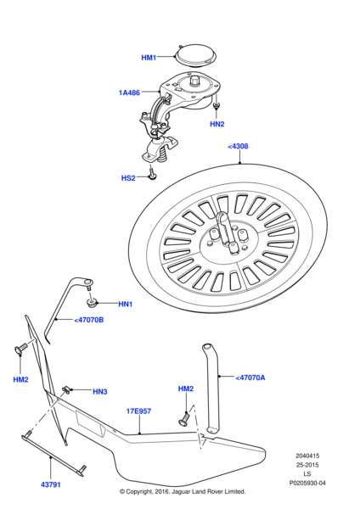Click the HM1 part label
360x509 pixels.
(149, 58)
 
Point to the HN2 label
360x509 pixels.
(217, 124)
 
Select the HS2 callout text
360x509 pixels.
(127, 179)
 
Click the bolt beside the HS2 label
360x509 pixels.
(151, 173)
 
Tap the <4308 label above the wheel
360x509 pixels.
(238, 147)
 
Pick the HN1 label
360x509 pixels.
(125, 304)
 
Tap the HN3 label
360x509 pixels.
(99, 391)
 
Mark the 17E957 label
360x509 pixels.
(138, 411)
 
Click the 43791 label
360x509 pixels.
(50, 484)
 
